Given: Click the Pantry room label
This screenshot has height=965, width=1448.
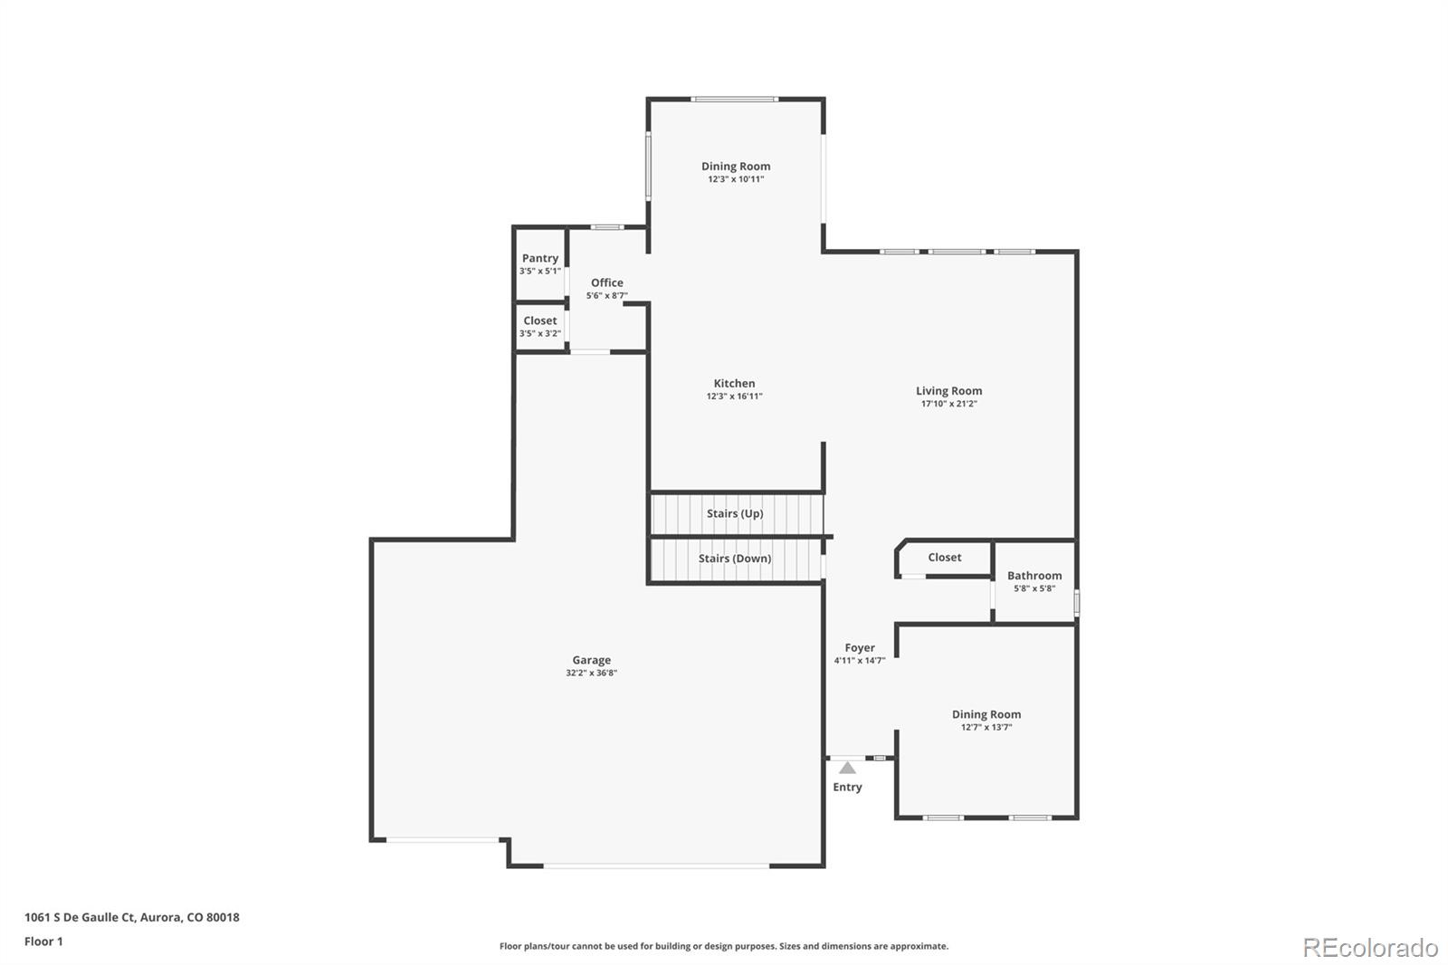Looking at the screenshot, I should click(540, 258).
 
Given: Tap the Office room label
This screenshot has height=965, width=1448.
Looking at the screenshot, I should click(607, 282).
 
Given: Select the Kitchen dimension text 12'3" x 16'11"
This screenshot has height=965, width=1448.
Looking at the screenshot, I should click(734, 397).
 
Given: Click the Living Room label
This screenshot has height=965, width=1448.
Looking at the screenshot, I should click(948, 391).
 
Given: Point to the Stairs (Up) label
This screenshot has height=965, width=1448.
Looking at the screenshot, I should click(735, 513).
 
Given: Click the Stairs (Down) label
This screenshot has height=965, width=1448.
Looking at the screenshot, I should click(735, 559).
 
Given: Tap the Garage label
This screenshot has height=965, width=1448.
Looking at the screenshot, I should click(591, 660).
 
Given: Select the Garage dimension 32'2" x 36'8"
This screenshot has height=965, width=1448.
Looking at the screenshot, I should click(591, 674).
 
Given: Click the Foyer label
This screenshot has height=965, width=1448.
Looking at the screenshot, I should click(860, 647).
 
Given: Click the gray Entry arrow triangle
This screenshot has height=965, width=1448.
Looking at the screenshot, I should click(847, 769).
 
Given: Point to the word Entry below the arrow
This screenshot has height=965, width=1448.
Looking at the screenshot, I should click(847, 788).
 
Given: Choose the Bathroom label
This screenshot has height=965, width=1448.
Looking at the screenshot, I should click(1034, 576).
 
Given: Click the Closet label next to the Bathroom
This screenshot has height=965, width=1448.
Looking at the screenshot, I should click(944, 558).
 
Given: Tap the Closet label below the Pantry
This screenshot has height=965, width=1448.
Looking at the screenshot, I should click(540, 320).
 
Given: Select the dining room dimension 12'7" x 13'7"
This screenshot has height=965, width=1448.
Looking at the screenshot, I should click(986, 728).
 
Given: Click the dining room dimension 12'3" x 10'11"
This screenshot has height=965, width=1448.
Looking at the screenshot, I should click(736, 179).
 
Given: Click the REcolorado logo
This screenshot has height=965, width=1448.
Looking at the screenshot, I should click(1370, 948).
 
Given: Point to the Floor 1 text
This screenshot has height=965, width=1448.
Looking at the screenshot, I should click(43, 941).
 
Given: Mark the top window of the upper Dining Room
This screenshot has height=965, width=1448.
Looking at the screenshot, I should click(734, 99).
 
